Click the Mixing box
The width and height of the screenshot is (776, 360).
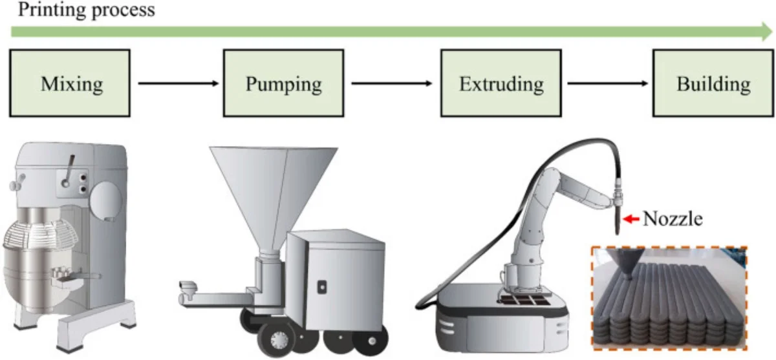click(69, 83)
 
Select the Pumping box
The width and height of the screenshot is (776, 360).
click(283, 83)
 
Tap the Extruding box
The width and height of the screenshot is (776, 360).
click(501, 83)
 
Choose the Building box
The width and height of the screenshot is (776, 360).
click(713, 83)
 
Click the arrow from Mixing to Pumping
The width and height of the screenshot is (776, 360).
click(177, 83)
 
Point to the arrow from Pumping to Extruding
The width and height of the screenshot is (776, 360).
click(391, 83)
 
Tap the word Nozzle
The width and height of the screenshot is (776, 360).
click(672, 220)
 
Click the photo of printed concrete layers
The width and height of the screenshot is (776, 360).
click(669, 297)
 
